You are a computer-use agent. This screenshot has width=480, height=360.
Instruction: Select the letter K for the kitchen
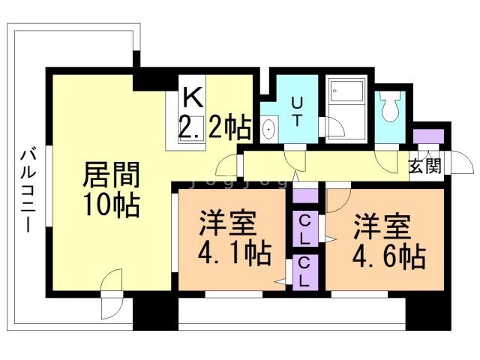(193, 97)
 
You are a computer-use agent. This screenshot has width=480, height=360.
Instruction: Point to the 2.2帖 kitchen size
(214, 128)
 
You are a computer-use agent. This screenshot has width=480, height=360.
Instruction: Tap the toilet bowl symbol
(389, 108)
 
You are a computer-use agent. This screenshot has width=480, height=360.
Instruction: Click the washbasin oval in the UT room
(270, 130)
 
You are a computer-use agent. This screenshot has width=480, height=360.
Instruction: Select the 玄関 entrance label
(424, 166)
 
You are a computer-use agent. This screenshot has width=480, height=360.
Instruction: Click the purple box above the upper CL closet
(305, 196)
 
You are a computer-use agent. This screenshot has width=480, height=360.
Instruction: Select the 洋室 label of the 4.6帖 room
(382, 223)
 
